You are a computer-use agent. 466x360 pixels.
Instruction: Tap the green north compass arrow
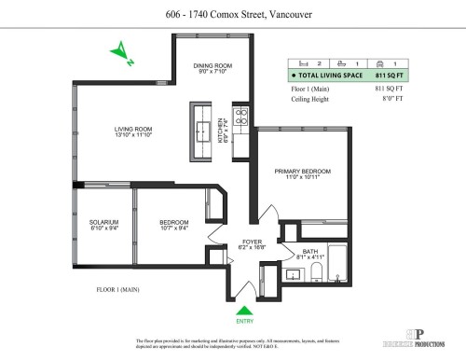(123, 55)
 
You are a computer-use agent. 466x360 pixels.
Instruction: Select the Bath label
(309, 252)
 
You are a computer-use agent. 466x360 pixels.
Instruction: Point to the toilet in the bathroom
(316, 273)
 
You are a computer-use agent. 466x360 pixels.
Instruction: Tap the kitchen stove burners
(239, 118)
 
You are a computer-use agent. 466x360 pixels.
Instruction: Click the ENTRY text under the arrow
(244, 322)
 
